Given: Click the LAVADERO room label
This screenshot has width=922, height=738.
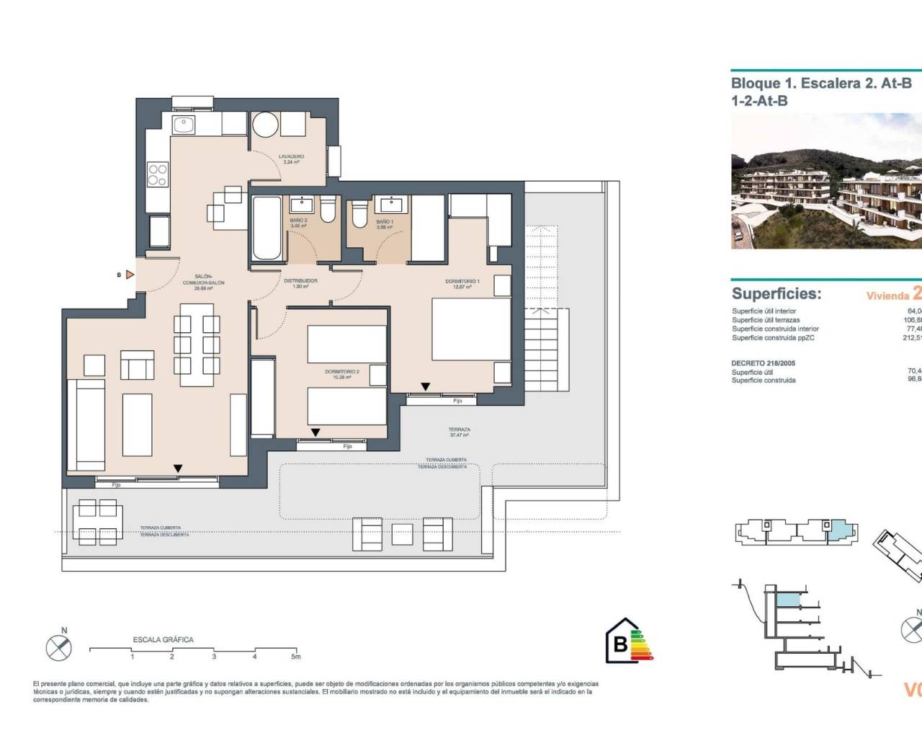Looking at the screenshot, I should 292,156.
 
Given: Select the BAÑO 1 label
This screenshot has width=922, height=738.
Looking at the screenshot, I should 384,222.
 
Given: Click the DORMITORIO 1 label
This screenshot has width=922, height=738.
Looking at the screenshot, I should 462,282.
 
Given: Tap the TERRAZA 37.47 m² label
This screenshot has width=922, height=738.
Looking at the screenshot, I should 459,430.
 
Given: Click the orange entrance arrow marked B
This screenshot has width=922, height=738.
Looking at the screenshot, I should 129,275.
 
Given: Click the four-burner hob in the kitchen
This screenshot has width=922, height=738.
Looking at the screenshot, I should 158,174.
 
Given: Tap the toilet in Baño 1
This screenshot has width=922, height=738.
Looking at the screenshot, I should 359,214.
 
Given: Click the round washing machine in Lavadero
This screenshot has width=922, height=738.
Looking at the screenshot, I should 264,125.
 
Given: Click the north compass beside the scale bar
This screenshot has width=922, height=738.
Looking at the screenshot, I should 59,648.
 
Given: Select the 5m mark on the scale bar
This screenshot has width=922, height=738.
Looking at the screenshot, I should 295,657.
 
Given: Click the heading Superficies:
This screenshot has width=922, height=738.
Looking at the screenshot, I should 776,293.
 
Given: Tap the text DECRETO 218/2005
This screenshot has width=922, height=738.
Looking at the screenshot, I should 763,363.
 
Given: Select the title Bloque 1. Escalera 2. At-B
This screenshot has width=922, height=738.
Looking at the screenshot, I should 821,84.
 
